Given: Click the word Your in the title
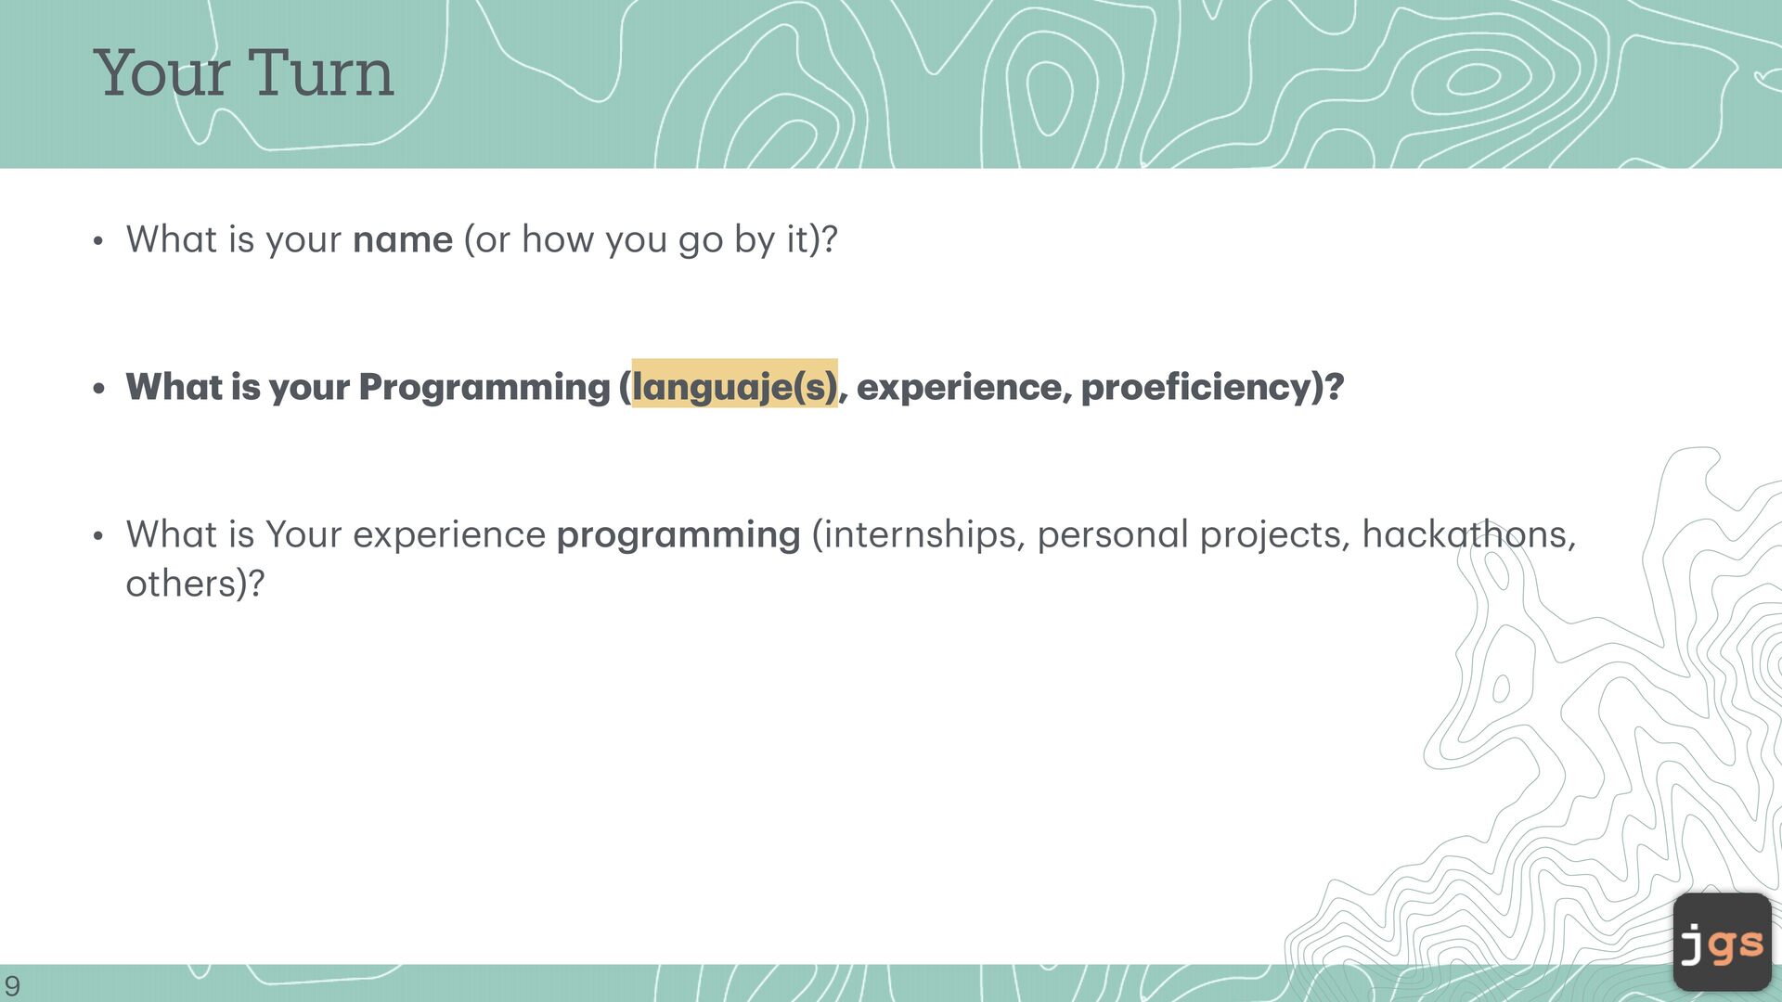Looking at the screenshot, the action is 162,72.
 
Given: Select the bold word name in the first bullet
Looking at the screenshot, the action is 403,240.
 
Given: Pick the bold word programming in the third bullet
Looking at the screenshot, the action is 678,536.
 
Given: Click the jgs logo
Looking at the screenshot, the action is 1723,942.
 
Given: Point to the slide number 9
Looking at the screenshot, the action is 12,985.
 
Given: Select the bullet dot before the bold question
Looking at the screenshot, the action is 99,389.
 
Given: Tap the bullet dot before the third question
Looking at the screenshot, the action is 98,537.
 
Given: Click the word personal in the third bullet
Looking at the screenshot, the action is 1113,536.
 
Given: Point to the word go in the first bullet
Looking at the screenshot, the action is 701,243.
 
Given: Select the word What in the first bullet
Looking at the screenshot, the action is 172,239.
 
